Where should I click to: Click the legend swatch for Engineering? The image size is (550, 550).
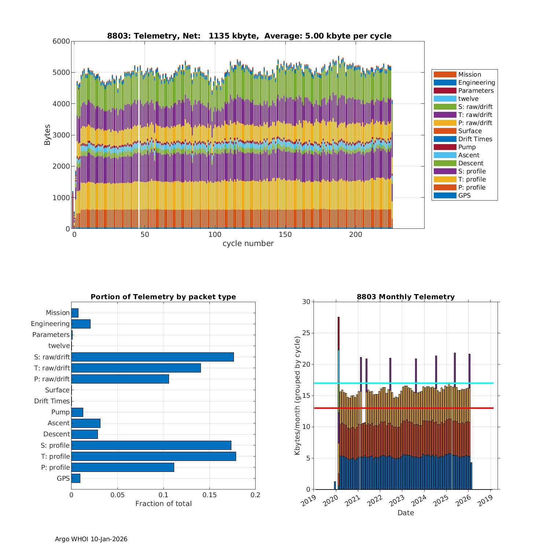click(x=445, y=82)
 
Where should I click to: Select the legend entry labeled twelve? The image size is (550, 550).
click(x=468, y=99)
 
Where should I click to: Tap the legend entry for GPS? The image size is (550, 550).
click(x=464, y=195)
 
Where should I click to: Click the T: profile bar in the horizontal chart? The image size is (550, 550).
click(x=154, y=456)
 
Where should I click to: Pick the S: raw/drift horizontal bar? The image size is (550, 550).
click(x=153, y=357)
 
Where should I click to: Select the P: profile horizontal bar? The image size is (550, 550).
click(x=122, y=467)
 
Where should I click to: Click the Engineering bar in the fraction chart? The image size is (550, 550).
click(x=81, y=324)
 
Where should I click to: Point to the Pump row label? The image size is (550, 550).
click(x=60, y=412)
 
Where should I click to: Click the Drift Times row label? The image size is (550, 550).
click(x=52, y=401)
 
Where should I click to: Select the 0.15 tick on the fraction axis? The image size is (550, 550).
click(x=209, y=495)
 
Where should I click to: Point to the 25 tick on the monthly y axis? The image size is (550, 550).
click(x=306, y=333)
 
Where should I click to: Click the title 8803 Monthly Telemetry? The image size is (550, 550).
click(x=406, y=297)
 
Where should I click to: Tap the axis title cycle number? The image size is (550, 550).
click(x=248, y=243)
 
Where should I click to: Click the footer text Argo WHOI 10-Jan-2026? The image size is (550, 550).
click(x=91, y=539)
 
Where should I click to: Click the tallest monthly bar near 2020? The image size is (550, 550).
click(x=338, y=367)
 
